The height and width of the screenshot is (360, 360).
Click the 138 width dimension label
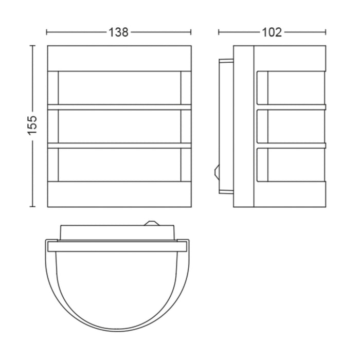pyautogui.click(x=118, y=32)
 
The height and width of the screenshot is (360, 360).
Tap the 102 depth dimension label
pyautogui.click(x=272, y=32)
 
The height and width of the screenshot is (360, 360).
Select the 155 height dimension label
pyautogui.click(x=32, y=125)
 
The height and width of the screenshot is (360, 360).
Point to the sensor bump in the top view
pyautogui.click(x=151, y=223)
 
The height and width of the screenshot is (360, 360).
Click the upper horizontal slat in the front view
pyautogui.click(x=119, y=107)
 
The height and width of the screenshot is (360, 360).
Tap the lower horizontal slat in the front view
pyautogui.click(x=119, y=146)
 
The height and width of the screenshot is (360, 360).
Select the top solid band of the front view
pyautogui.click(x=119, y=58)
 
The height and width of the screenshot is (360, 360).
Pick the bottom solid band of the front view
pyautogui.click(x=119, y=194)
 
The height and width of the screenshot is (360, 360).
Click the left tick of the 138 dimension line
pyautogui.click(x=47, y=32)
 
